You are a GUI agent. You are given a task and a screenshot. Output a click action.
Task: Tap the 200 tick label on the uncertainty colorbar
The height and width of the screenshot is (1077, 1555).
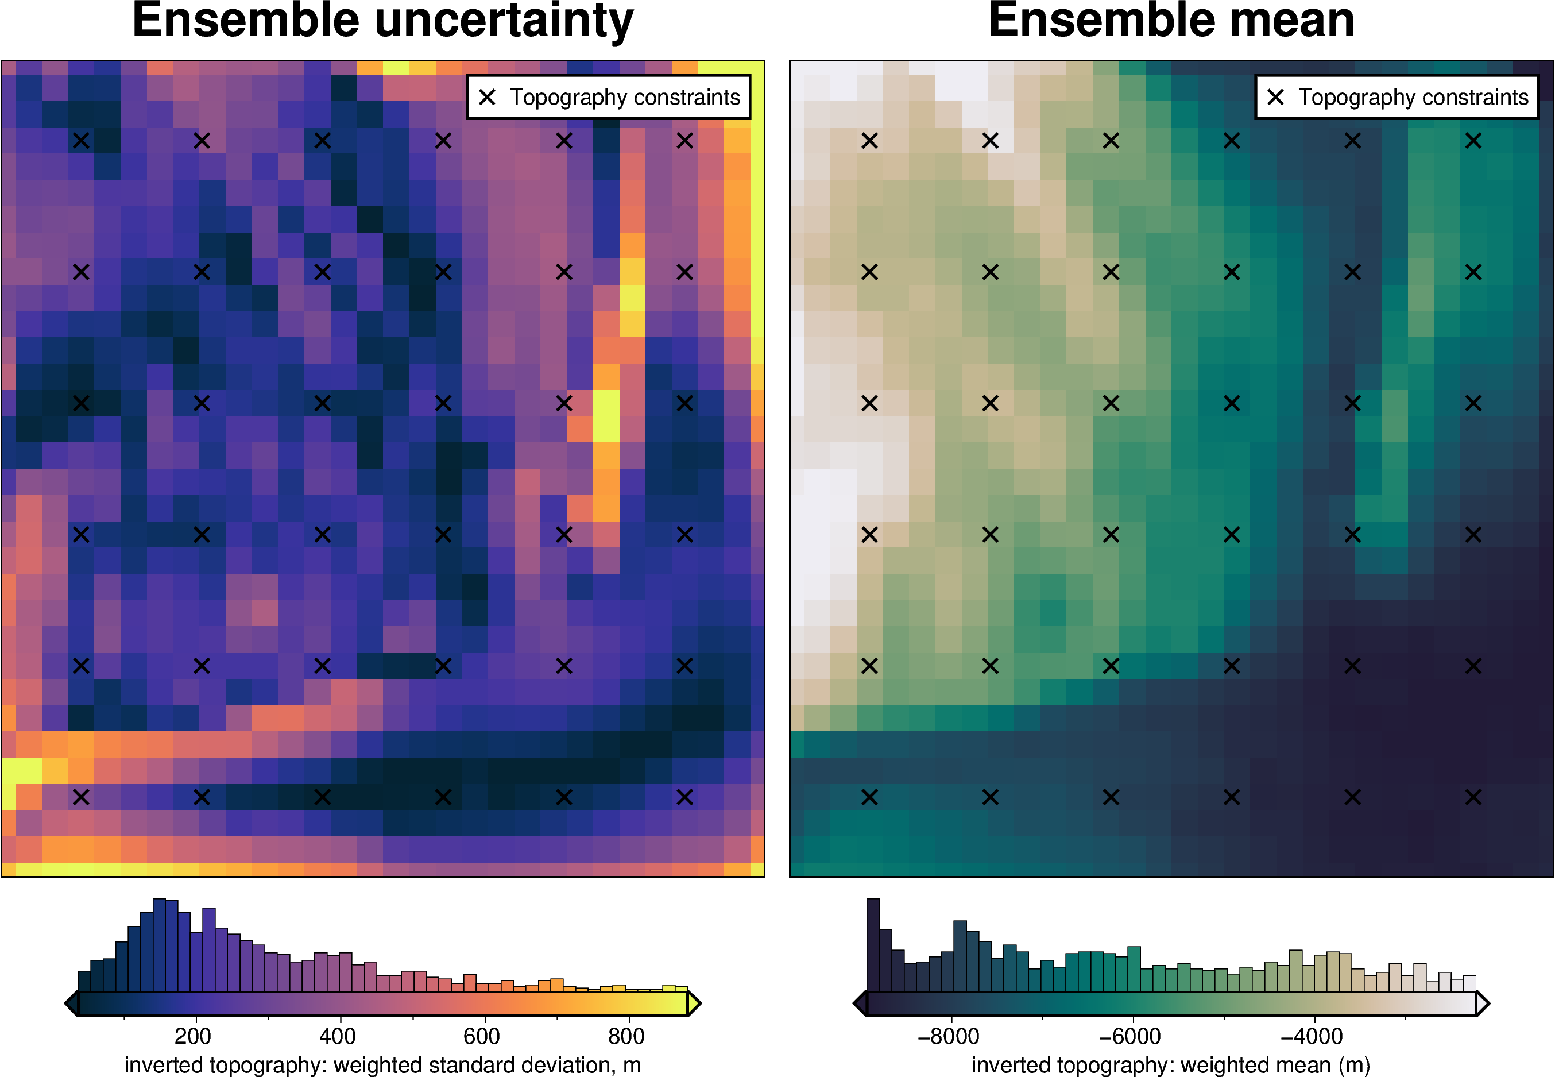pyautogui.click(x=192, y=1036)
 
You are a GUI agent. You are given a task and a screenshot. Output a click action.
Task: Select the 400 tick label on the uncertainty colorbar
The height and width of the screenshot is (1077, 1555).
pyautogui.click(x=337, y=1036)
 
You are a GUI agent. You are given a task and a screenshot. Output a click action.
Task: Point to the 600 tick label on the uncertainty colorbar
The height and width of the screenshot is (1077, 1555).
pyautogui.click(x=482, y=1036)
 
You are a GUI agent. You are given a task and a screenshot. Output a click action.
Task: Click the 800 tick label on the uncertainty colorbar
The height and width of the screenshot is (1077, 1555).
pyautogui.click(x=626, y=1036)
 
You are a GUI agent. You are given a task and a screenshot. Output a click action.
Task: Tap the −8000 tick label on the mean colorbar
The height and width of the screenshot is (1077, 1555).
pyautogui.click(x=949, y=1036)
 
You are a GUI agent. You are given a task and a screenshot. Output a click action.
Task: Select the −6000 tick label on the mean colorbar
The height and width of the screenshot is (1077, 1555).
pyautogui.click(x=1130, y=1036)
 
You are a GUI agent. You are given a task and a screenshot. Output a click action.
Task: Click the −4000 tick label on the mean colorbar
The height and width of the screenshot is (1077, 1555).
pyautogui.click(x=1312, y=1036)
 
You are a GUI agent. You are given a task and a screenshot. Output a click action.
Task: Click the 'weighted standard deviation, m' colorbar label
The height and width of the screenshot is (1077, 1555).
pyautogui.click(x=487, y=1065)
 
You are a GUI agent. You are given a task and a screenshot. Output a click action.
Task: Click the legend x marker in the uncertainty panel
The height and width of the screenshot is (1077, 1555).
pyautogui.click(x=487, y=97)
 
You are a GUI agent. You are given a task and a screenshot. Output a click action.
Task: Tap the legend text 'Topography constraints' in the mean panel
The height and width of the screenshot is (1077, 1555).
pyautogui.click(x=1413, y=97)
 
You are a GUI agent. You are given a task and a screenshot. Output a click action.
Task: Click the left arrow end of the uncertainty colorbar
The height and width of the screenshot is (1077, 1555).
pyautogui.click(x=71, y=1003)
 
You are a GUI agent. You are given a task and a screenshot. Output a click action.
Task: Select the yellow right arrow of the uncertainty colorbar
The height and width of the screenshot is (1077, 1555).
pyautogui.click(x=694, y=1003)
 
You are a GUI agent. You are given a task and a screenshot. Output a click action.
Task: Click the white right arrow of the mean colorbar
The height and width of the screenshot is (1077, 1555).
pyautogui.click(x=1483, y=1003)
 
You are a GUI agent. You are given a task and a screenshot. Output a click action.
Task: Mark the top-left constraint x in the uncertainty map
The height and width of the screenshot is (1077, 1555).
pyautogui.click(x=81, y=140)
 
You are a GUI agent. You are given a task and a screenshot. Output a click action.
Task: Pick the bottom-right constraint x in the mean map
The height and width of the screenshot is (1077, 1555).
pyautogui.click(x=1473, y=797)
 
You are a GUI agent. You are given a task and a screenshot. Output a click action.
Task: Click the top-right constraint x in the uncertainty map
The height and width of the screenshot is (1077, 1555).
pyautogui.click(x=684, y=140)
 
